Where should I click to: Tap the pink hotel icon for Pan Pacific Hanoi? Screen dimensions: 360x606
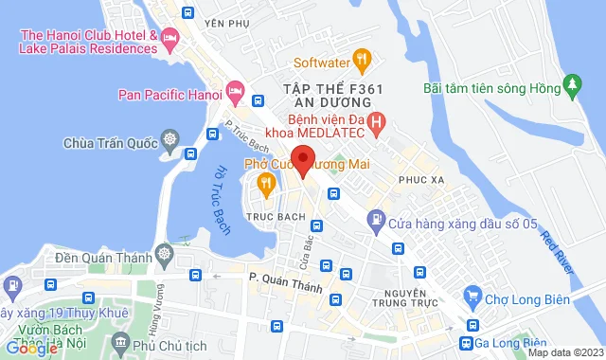pos(235,95)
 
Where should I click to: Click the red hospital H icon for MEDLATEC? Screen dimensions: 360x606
pos(377,121)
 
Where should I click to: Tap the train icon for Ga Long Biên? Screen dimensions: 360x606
pos(467,343)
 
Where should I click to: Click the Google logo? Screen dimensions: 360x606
pos(30,348)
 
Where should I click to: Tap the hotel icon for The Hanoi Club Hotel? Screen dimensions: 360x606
pos(171,40)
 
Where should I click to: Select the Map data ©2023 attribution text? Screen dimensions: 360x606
pos(564,352)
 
